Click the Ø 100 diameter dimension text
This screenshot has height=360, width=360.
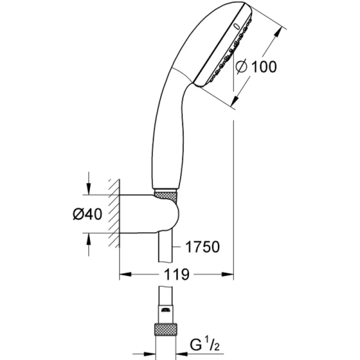tap(255, 67)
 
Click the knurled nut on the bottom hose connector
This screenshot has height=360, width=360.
tap(165, 329)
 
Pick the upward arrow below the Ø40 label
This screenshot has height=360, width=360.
tap(89, 238)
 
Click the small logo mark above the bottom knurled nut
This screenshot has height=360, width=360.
tap(165, 311)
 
